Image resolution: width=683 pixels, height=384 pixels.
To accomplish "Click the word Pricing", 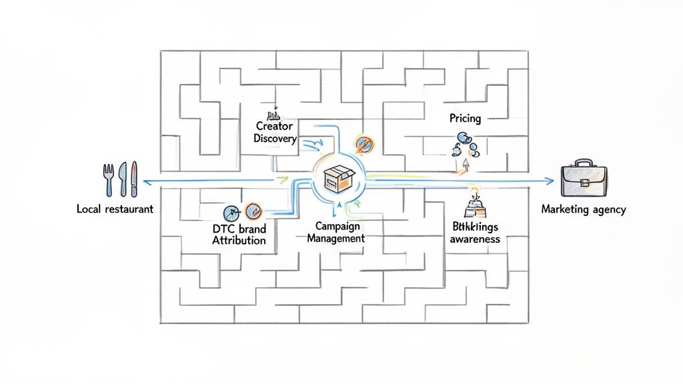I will pyautogui.click(x=465, y=119).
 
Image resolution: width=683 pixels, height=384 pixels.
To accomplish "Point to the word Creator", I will pyautogui.click(x=275, y=126).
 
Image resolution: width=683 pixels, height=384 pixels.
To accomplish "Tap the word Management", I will pyautogui.click(x=335, y=238).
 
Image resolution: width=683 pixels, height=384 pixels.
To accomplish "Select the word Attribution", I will pyautogui.click(x=239, y=241).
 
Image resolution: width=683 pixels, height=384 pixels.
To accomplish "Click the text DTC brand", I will pyautogui.click(x=239, y=229).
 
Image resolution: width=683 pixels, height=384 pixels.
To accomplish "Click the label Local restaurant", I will pyautogui.click(x=115, y=209).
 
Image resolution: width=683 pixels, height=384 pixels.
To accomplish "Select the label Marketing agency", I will pyautogui.click(x=584, y=209).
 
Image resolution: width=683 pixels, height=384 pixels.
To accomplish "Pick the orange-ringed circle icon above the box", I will pyautogui.click(x=364, y=143).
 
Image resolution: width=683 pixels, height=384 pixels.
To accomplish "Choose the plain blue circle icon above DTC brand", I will pyautogui.click(x=230, y=212).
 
